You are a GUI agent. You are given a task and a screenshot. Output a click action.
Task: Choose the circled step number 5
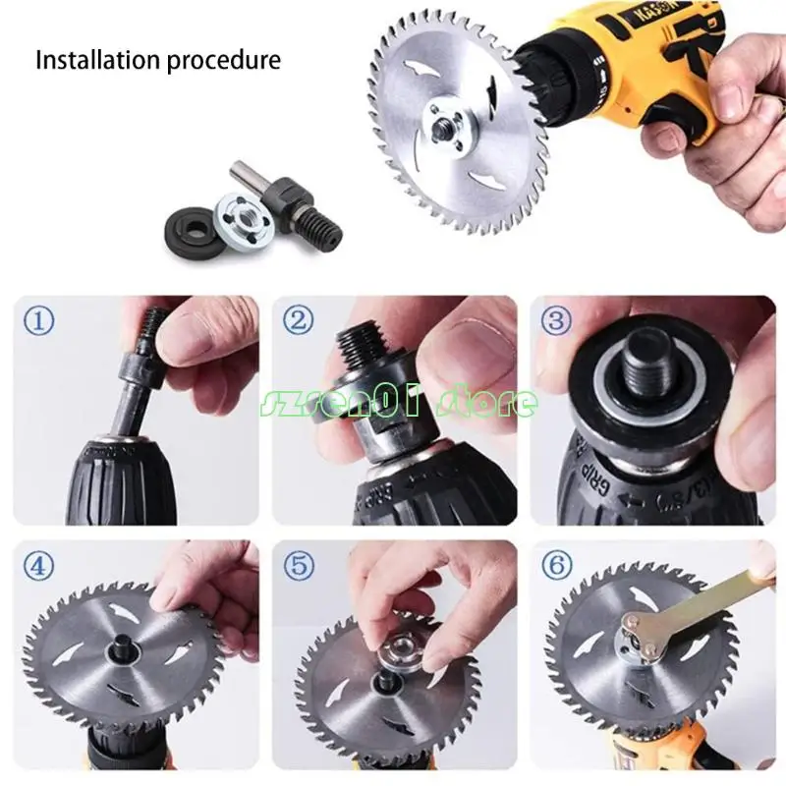pos(300,566)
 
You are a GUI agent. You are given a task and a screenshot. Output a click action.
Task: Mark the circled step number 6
pos(556,566)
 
